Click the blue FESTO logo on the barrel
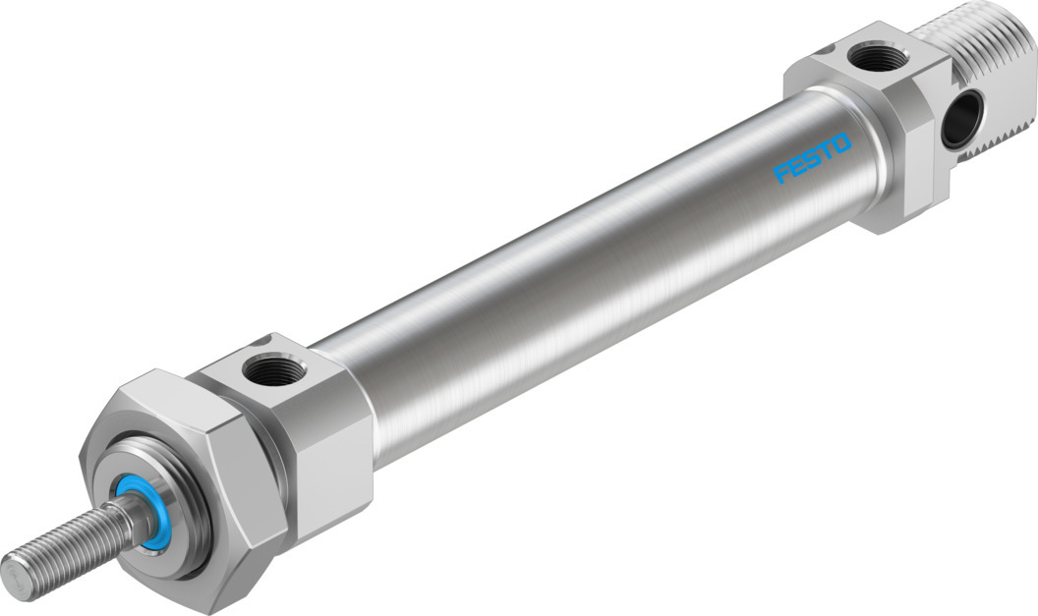click(812, 159)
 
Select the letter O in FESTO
click(841, 144)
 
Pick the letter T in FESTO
click(827, 151)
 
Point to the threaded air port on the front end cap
click(266, 370)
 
